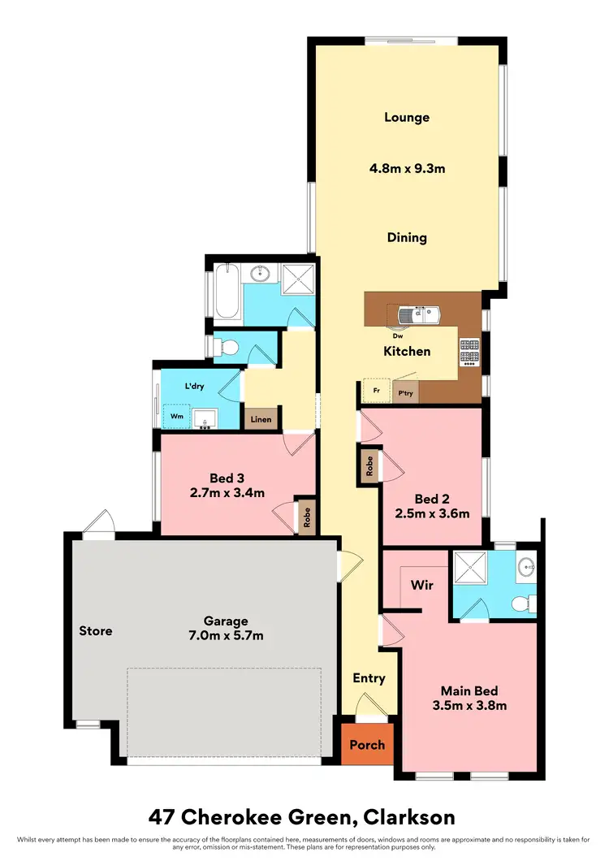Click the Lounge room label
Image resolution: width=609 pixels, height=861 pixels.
click(x=407, y=117)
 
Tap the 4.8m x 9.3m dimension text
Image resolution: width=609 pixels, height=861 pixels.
click(x=407, y=169)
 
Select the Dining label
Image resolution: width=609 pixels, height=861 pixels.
click(x=407, y=238)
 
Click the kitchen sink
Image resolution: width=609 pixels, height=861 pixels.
click(x=417, y=313)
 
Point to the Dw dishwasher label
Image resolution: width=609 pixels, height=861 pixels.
click(x=398, y=335)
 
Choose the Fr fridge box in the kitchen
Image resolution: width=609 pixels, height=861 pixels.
click(x=376, y=391)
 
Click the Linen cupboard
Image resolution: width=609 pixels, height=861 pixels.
click(x=261, y=419)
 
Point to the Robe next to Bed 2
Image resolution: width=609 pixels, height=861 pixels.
click(x=369, y=465)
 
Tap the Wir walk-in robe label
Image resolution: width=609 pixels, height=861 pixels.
click(x=421, y=584)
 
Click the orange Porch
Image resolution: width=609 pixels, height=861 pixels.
click(x=367, y=744)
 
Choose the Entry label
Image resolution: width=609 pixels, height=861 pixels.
click(x=369, y=678)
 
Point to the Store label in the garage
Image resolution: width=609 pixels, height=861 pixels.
click(x=96, y=630)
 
